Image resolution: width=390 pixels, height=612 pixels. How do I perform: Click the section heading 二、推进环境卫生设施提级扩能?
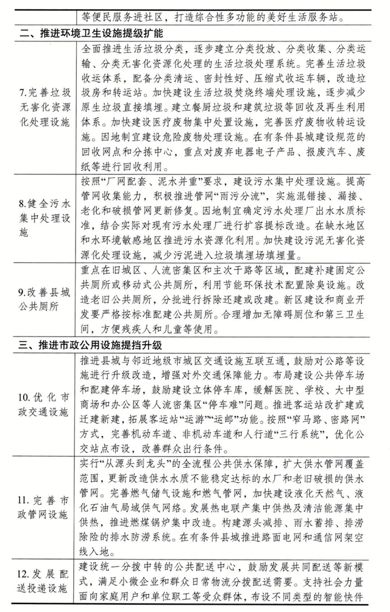91,30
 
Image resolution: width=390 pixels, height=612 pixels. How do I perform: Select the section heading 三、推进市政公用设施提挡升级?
91,344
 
